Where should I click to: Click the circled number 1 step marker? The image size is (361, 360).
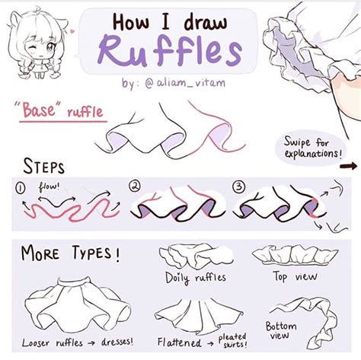click(x=21, y=186)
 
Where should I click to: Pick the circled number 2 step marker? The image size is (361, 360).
click(x=136, y=186)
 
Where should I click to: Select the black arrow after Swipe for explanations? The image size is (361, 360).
click(x=350, y=164)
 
